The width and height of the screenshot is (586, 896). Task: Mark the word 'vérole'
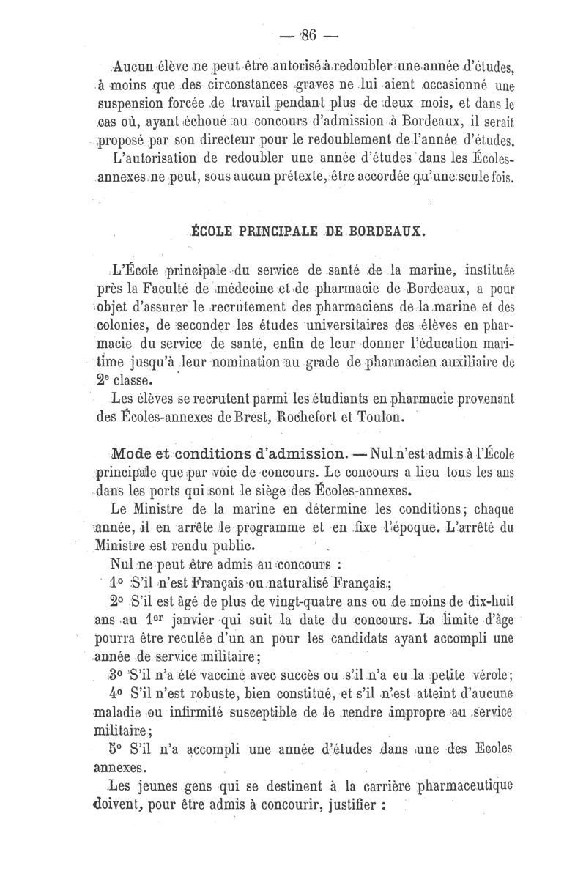[492, 675]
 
